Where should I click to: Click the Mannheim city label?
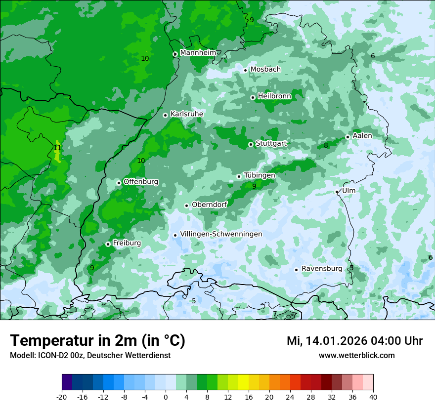(198, 53)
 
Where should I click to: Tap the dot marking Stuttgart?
(251, 144)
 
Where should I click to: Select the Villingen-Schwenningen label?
(221, 234)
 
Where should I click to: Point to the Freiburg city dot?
(108, 244)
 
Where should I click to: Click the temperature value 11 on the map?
(57, 148)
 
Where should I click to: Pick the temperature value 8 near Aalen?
(326, 145)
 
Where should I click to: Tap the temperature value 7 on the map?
(275, 314)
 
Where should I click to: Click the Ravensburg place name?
(322, 269)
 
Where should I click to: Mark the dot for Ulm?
(337, 192)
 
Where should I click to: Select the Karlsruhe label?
(187, 114)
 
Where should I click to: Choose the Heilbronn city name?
(274, 96)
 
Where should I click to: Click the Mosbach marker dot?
(245, 70)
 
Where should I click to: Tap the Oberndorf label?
(209, 205)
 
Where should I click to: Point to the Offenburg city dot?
(119, 183)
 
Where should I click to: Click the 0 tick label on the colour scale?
(166, 397)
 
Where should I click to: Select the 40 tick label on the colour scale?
(373, 397)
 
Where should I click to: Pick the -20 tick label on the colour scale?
(62, 397)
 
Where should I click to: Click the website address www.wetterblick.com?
(356, 355)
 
